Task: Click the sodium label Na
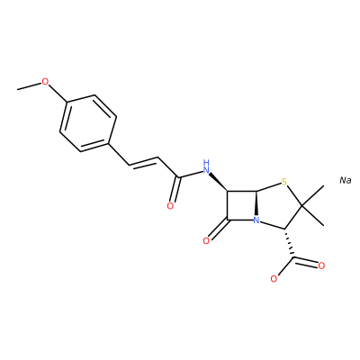pos(346,180)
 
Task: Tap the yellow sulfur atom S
pos(284,182)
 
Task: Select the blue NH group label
pos(206,167)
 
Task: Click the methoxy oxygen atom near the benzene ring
pos(45,81)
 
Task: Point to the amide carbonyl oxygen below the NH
pos(170,206)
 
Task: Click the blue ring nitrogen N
pos(256,221)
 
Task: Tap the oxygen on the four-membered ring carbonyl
pos(206,240)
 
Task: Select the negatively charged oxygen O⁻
pos(274,279)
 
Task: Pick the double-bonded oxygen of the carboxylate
pos(321,265)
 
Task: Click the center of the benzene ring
pos(88,123)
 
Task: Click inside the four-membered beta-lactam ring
pos(241,206)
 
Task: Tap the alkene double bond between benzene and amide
pos(143,161)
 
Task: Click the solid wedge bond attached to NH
pos(219,182)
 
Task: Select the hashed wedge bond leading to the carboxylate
pos(289,243)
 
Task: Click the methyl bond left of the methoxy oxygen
pos(29,85)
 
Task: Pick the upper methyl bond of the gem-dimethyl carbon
pos(313,196)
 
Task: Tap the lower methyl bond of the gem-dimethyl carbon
pos(313,216)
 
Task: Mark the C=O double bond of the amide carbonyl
pos(175,190)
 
